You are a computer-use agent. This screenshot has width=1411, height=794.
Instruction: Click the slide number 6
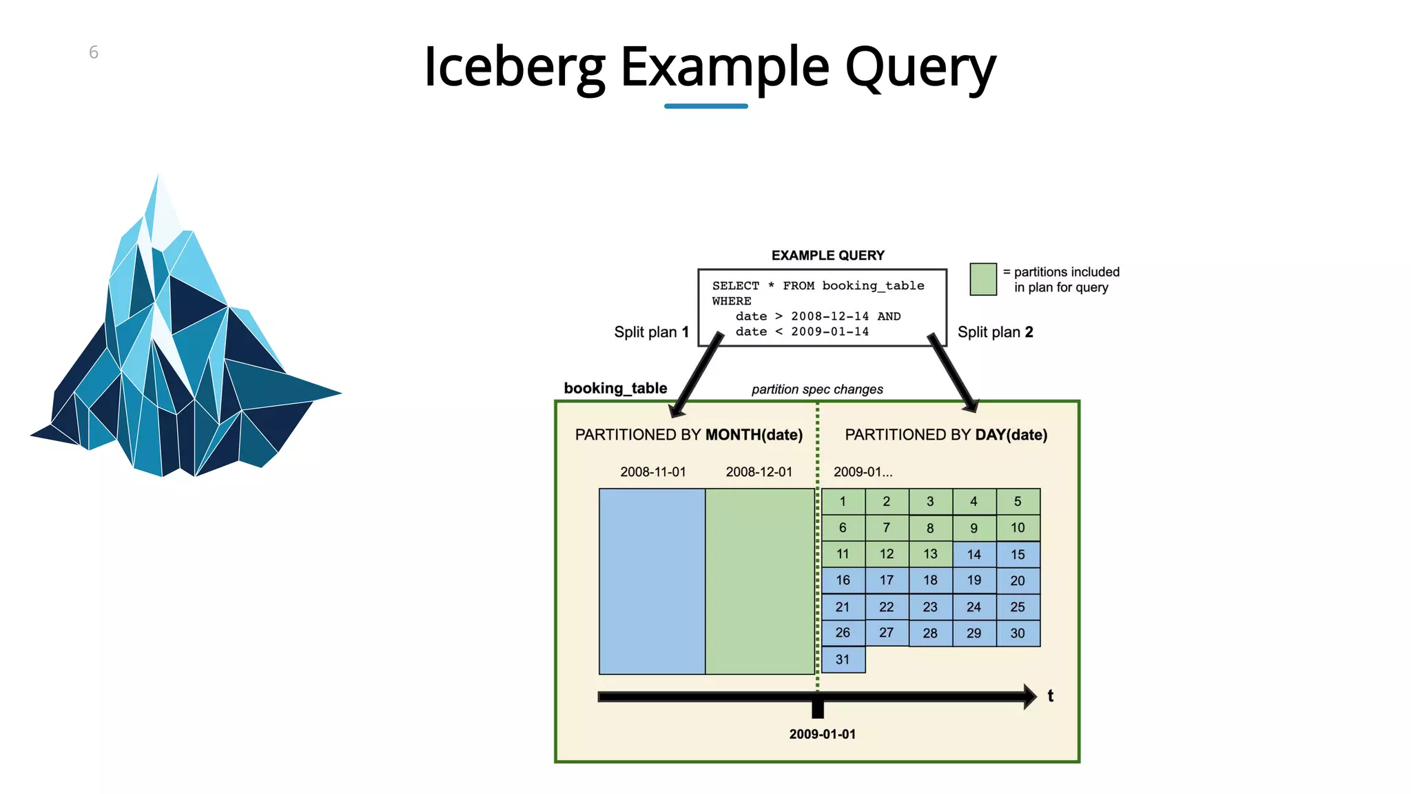pos(94,52)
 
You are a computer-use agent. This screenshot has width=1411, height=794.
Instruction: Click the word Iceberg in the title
pos(514,67)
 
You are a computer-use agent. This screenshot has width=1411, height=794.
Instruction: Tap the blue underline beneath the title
pos(705,106)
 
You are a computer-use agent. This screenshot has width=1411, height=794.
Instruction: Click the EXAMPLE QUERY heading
pos(827,256)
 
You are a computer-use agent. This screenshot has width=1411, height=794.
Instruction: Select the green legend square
pos(983,279)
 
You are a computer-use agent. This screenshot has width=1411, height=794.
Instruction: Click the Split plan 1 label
pos(651,332)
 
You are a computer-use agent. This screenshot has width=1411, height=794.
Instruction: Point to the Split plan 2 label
pos(995,332)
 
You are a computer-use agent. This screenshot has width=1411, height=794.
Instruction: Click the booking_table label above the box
pos(615,388)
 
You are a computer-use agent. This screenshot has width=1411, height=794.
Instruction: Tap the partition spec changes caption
pos(817,389)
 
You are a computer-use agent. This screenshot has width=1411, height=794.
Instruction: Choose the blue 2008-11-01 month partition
pos(652,581)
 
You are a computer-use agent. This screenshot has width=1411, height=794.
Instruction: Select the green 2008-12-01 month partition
pos(760,581)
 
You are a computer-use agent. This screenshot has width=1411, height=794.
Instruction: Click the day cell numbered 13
pos(930,554)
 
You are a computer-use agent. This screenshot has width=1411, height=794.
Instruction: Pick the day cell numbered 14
pos(974,555)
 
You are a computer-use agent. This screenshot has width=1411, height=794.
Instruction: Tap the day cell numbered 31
pos(843,660)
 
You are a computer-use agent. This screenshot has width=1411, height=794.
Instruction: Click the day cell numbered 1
pos(843,502)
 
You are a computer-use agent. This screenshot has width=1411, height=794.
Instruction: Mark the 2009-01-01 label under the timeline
pos(822,735)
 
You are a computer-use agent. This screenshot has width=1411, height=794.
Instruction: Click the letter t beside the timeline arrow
pos(1050,696)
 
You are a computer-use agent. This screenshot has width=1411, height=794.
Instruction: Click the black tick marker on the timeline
pos(818,706)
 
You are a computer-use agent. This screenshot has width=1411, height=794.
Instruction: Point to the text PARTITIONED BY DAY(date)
pos(946,435)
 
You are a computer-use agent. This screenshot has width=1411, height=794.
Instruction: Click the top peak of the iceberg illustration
pos(157,181)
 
